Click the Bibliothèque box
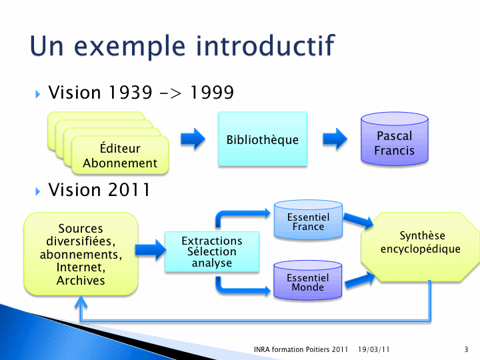[x=263, y=139]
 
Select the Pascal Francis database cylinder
[x=394, y=139]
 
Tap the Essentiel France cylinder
[x=308, y=219]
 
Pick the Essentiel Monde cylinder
[x=307, y=280]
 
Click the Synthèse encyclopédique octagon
[x=421, y=247]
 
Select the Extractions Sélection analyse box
[x=212, y=251]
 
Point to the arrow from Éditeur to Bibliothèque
[x=193, y=139]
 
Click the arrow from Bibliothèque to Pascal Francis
[x=335, y=139]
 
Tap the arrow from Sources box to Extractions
[x=151, y=250]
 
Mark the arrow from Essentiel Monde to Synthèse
[x=360, y=280]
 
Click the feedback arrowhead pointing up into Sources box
[x=81, y=301]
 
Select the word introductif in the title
[x=265, y=46]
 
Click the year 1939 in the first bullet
[x=131, y=92]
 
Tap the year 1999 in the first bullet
[x=212, y=92]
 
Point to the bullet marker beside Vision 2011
[x=37, y=191]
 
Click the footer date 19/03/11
[x=374, y=349]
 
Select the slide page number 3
[x=466, y=349]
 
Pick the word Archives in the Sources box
[x=81, y=281]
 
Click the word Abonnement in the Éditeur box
[x=120, y=163]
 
